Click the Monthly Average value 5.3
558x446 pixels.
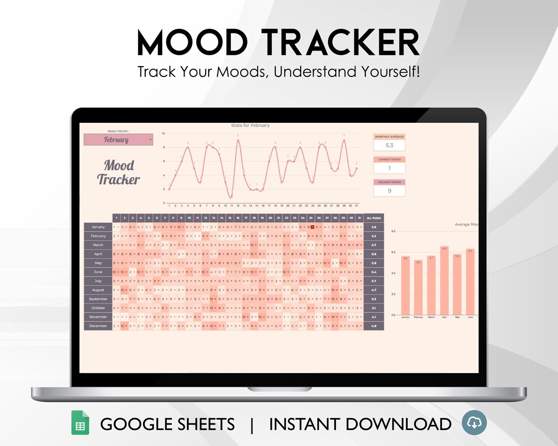(x=389, y=146)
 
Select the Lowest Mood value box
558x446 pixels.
(x=389, y=168)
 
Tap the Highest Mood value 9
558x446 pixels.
(x=389, y=191)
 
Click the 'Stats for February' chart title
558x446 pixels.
(x=250, y=125)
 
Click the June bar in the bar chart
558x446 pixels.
(x=470, y=282)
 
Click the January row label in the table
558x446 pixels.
(x=98, y=227)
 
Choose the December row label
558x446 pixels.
(x=98, y=326)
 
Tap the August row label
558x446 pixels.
(x=98, y=290)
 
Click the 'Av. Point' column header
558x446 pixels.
(x=374, y=218)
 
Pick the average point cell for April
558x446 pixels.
(x=374, y=254)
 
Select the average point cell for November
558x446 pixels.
(x=374, y=317)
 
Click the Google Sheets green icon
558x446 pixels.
(x=80, y=424)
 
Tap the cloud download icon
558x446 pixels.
(x=474, y=423)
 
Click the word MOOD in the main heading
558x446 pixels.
(x=191, y=43)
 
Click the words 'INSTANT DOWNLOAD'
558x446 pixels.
(x=360, y=424)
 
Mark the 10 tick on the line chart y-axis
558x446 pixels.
(x=163, y=134)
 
